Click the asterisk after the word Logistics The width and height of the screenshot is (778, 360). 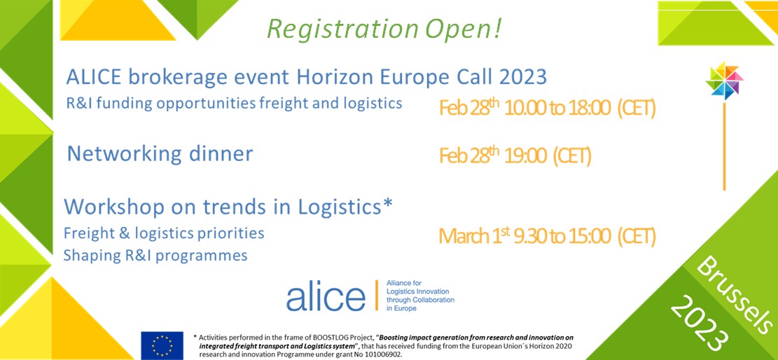tap(389, 203)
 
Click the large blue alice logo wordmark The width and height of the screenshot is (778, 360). tap(326, 296)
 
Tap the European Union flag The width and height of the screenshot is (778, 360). tap(162, 345)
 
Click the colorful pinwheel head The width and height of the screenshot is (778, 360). tap(724, 81)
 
